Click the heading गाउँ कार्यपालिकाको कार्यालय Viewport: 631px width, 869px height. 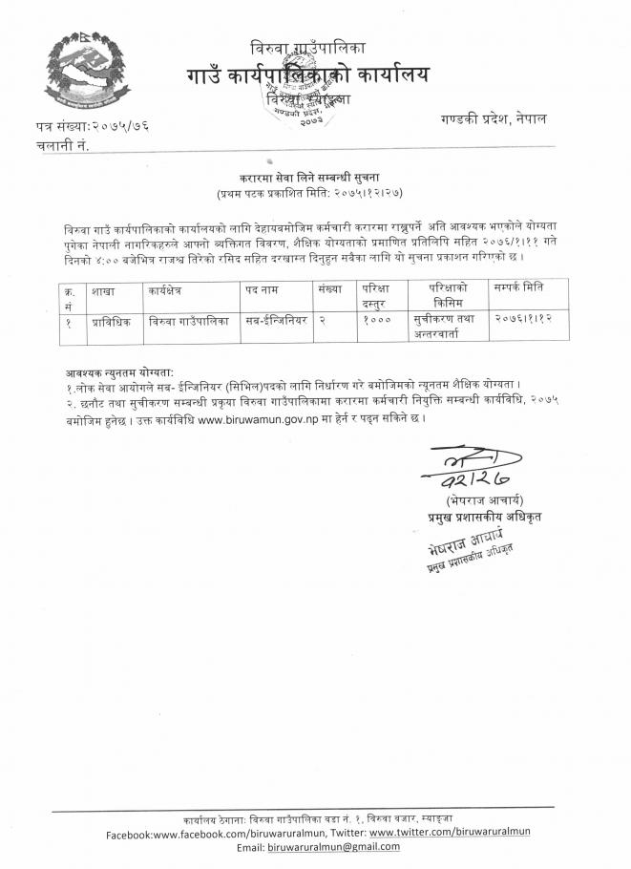point(307,74)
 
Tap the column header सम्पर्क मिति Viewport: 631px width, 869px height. point(519,287)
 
